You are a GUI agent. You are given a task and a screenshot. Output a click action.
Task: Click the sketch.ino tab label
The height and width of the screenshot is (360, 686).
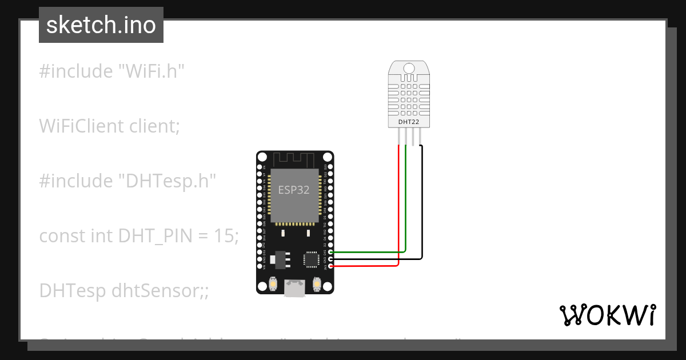101,25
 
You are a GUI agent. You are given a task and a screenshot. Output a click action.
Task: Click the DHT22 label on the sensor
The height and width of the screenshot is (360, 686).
408,122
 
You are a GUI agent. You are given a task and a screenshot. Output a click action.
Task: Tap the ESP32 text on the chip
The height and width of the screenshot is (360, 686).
294,190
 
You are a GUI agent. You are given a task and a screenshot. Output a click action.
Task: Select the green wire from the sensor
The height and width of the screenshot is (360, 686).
405,200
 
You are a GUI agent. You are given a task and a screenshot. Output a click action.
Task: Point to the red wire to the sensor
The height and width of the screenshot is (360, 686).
398,211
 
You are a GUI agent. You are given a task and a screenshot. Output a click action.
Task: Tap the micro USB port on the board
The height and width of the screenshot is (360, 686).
295,289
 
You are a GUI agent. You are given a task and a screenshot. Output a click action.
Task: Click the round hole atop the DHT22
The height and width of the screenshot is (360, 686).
408,68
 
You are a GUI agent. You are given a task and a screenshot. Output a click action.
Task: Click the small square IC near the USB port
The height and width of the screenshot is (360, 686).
311,259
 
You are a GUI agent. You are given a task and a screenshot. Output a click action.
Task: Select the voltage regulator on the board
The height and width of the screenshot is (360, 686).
280,259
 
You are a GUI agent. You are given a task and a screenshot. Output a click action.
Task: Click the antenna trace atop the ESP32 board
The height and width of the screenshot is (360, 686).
294,158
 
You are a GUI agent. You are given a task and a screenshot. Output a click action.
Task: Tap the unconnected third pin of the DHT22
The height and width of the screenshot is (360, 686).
413,136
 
